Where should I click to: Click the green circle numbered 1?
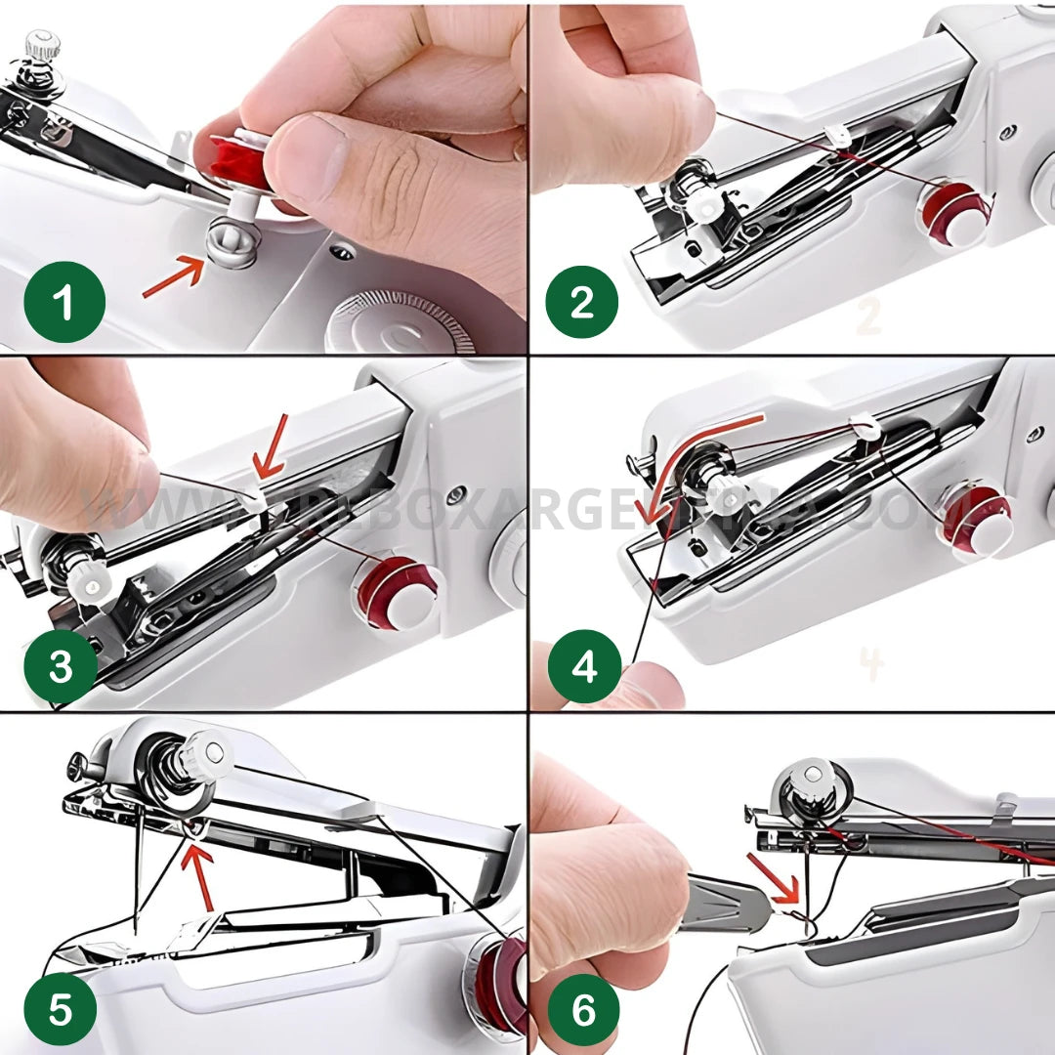tap(64, 302)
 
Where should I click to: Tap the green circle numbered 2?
tap(581, 302)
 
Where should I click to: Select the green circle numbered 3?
tap(61, 668)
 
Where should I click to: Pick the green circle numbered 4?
tap(584, 668)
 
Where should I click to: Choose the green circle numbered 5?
tap(61, 1008)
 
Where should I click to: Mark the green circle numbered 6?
tap(583, 1009)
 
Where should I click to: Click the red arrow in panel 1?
tap(173, 276)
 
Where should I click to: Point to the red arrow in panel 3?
tap(270, 447)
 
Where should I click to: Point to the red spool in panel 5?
tap(500, 982)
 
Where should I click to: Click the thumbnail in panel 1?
tap(305, 157)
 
